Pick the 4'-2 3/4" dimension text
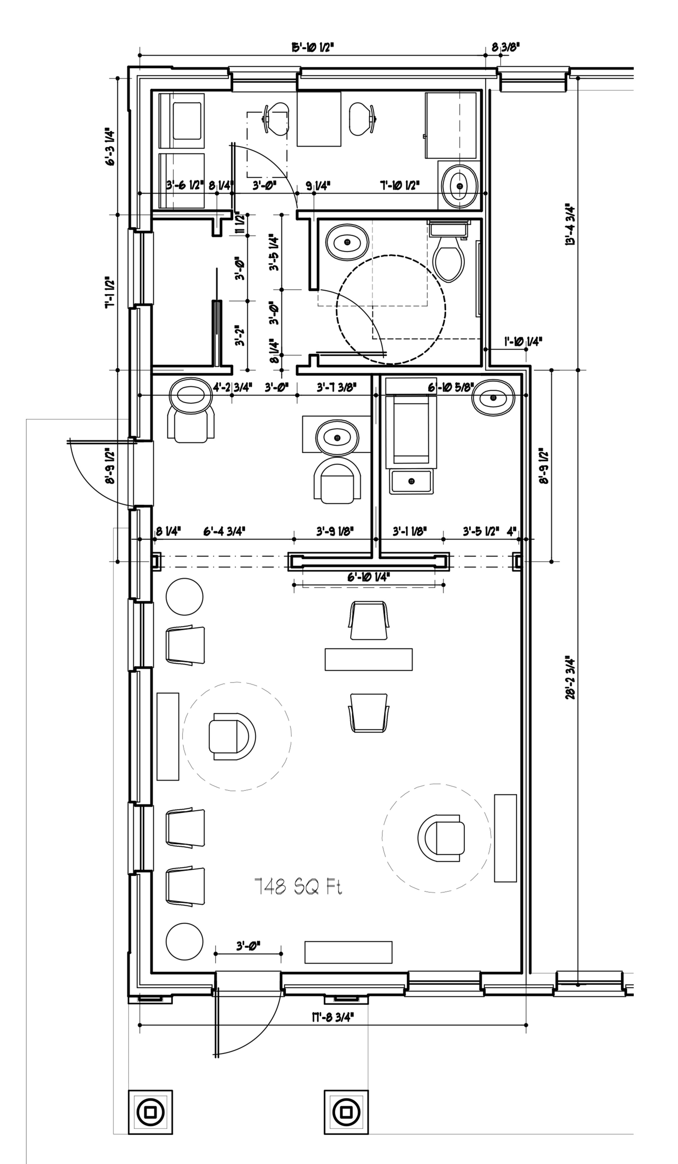coord(232,387)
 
